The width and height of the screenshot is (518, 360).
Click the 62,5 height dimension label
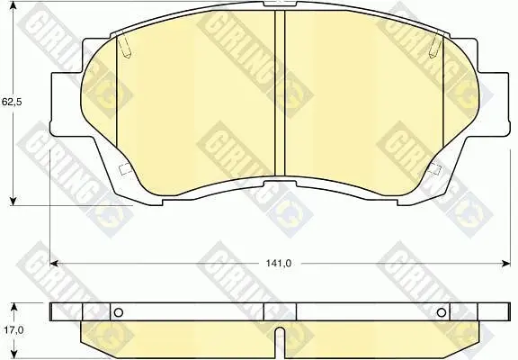coord(12,102)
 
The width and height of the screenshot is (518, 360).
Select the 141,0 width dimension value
coord(279,263)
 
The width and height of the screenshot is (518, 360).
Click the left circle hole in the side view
coord(119,312)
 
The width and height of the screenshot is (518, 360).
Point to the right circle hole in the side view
coord(442,312)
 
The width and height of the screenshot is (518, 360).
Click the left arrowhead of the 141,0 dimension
coord(54,264)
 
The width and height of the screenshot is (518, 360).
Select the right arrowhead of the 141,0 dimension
coord(505,264)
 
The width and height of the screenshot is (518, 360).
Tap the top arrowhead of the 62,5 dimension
coord(13,5)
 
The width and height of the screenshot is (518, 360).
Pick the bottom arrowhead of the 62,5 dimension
coord(13,201)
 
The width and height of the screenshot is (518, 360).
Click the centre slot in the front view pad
coord(280,94)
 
